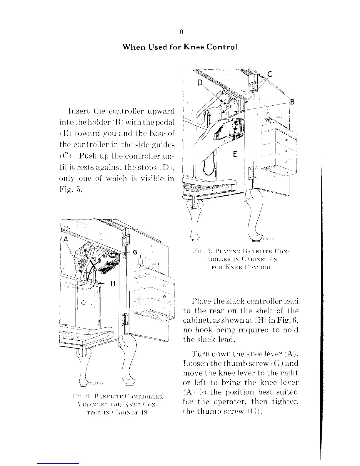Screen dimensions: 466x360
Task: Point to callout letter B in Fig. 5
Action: [292, 102]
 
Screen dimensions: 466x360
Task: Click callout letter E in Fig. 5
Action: [235, 154]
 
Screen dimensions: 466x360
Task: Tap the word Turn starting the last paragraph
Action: [200, 354]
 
